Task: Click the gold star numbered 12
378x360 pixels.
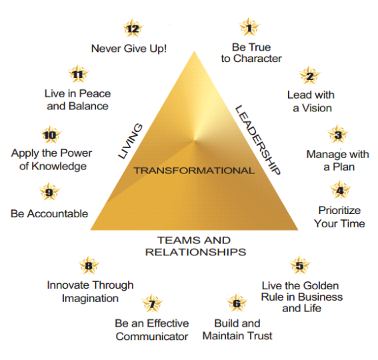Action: coord(133,28)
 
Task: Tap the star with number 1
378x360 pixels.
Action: coord(249,27)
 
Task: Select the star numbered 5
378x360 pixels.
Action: coord(299,265)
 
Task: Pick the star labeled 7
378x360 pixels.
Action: coord(152,303)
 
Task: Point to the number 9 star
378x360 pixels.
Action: coord(49,191)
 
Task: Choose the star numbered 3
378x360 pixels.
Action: coord(338,134)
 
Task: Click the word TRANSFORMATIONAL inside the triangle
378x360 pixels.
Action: coord(194,171)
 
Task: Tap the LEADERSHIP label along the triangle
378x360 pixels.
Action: coord(258,140)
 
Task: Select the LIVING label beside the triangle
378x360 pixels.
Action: coord(130,141)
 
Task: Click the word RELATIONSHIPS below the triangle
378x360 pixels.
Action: coord(196,252)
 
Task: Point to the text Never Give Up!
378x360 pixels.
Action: coord(129,49)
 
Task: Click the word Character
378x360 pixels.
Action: coord(257,59)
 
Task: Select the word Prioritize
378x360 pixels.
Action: coord(339,211)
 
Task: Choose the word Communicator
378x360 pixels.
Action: coord(152,337)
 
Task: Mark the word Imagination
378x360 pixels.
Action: coord(90,299)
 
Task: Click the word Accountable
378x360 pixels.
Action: coord(57,213)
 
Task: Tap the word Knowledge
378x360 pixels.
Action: coord(59,167)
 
